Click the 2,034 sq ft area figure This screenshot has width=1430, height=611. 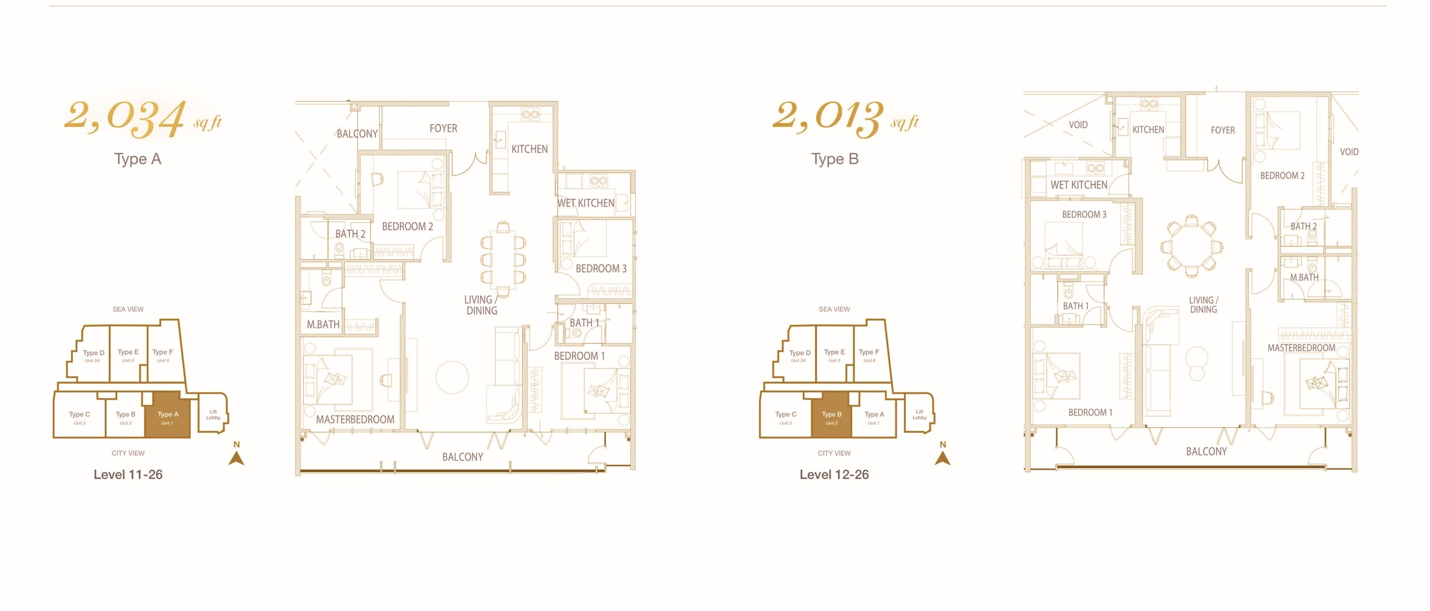[x=143, y=118]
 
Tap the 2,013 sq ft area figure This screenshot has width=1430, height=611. [x=845, y=118]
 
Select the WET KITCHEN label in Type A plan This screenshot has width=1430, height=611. [x=585, y=203]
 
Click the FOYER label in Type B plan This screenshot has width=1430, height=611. [x=1222, y=130]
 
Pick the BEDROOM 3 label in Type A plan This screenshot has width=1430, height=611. [x=601, y=269]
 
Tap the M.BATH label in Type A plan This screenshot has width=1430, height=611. [x=323, y=324]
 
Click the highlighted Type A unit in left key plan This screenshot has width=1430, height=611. [x=168, y=414]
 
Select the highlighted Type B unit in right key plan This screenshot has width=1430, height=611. [x=831, y=414]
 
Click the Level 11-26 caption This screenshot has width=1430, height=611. [x=128, y=475]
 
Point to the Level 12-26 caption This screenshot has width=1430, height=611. [x=834, y=475]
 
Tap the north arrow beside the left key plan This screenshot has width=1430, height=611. [x=237, y=457]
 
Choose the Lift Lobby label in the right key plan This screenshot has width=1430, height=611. [x=919, y=414]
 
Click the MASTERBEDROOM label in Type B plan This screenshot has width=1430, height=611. [x=1301, y=348]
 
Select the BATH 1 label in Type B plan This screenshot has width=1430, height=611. [x=1075, y=306]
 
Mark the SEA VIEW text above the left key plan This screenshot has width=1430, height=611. [x=128, y=309]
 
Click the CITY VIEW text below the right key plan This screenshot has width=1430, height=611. [x=834, y=453]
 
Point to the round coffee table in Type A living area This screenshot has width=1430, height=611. [x=452, y=378]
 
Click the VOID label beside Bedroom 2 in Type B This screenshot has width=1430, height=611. [x=1349, y=152]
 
